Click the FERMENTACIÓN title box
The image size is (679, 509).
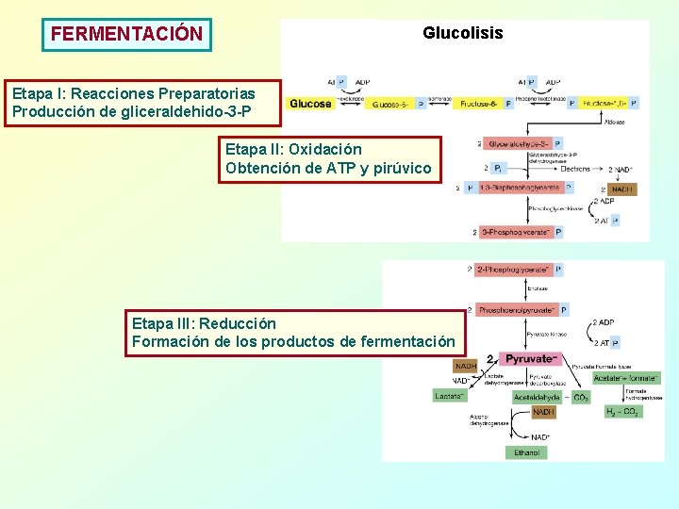[126, 34]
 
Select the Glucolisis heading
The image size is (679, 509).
[462, 34]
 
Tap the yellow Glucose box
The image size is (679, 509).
[310, 104]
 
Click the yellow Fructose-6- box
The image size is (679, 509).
[478, 104]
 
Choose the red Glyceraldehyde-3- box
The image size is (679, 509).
[520, 144]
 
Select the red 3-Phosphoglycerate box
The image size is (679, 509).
[516, 232]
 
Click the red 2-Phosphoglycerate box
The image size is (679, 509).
[514, 270]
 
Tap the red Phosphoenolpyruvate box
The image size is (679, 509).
[515, 309]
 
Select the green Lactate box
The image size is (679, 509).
[449, 397]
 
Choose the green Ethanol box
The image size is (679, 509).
[526, 452]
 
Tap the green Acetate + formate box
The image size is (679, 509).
[626, 378]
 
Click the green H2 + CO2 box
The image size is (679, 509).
[623, 412]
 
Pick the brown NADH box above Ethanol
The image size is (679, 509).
[544, 412]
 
